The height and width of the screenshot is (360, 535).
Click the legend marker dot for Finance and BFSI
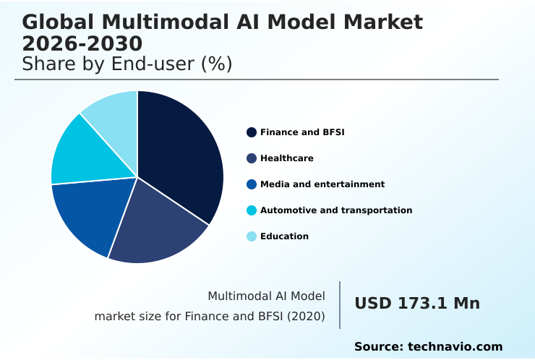point(252,132)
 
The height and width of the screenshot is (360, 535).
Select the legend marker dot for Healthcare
point(252,158)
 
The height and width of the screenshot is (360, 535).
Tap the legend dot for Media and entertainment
point(252,184)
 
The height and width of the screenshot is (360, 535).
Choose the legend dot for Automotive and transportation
point(252,210)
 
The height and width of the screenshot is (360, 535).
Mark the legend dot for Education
point(252,236)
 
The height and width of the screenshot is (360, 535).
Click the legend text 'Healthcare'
point(286,158)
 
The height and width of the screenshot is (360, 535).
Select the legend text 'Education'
point(284,236)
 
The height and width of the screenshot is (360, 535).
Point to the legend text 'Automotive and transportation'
point(336,210)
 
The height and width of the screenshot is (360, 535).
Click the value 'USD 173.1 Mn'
point(416,304)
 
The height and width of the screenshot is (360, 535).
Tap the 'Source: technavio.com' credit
point(428,347)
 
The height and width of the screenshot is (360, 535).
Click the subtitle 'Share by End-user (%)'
point(127,64)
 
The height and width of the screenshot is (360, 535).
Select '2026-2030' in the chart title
point(82,43)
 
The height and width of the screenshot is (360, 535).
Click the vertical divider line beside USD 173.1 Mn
point(340,305)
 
